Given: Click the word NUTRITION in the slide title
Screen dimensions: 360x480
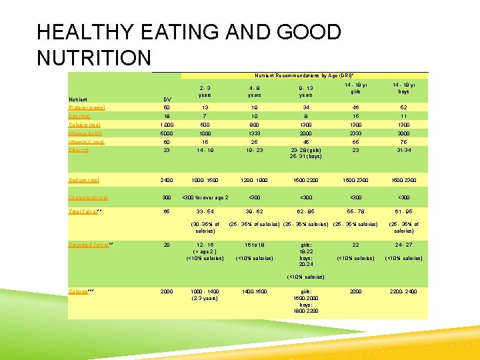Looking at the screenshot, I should tap(94, 58).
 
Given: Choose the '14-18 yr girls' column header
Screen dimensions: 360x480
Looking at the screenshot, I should tap(355, 91).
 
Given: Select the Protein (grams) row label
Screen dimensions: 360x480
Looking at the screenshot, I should tap(87, 107).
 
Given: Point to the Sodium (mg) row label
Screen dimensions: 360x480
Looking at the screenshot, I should tap(84, 180).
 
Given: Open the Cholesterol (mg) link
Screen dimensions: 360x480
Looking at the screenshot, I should tap(88, 197).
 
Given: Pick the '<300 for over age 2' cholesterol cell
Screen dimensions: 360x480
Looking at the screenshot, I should tap(205, 197).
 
